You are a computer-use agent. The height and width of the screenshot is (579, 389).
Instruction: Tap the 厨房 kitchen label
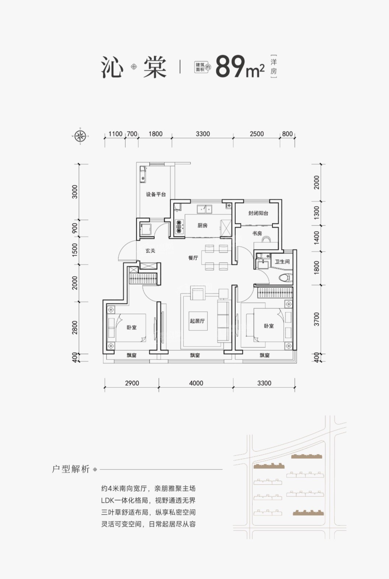click(x=202, y=225)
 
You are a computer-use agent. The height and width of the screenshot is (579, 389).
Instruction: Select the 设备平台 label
click(x=156, y=194)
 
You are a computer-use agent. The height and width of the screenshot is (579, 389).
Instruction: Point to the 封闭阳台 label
click(x=258, y=213)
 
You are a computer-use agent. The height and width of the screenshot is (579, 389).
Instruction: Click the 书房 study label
click(x=257, y=234)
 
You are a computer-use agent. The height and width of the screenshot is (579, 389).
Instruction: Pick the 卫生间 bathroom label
click(x=282, y=262)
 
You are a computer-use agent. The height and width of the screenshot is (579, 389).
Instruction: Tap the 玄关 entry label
click(x=150, y=251)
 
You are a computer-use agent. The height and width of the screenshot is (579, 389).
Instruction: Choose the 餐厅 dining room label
click(x=193, y=258)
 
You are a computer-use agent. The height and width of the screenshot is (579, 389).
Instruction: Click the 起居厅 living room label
click(x=197, y=321)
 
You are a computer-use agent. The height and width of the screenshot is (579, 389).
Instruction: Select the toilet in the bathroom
click(x=286, y=278)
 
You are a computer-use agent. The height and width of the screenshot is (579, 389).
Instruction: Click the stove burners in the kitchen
click(x=179, y=227)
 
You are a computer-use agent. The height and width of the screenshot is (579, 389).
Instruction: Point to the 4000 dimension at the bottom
click(x=196, y=383)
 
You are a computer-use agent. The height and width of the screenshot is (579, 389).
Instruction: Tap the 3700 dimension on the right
click(x=316, y=319)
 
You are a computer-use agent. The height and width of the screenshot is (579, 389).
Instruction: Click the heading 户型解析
click(x=71, y=469)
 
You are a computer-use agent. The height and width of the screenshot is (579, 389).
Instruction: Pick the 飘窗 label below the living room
click(x=195, y=355)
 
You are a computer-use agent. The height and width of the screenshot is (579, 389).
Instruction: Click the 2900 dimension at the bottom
click(x=132, y=383)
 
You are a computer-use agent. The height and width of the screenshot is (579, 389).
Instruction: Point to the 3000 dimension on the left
click(x=74, y=192)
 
